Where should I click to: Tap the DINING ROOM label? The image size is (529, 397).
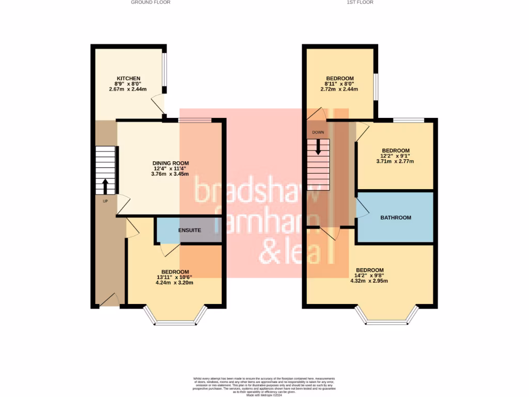tap(170, 163)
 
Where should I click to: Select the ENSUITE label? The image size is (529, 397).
tap(190, 230)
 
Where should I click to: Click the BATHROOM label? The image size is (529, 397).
tap(396, 218)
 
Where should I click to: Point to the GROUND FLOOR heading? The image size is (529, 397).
tap(150, 2)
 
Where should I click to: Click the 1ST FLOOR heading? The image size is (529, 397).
tap(361, 2)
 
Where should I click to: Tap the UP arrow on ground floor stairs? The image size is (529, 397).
tap(105, 186)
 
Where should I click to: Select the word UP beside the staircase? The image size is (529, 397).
tap(105, 201)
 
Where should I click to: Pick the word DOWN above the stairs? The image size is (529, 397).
tap(318, 132)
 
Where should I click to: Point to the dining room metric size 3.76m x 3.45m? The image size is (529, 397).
tap(170, 174)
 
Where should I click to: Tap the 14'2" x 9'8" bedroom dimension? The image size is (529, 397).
tap(369, 276)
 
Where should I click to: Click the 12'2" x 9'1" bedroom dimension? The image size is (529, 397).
tap(395, 156)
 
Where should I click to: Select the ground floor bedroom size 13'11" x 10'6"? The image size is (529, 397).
tap(175, 277)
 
